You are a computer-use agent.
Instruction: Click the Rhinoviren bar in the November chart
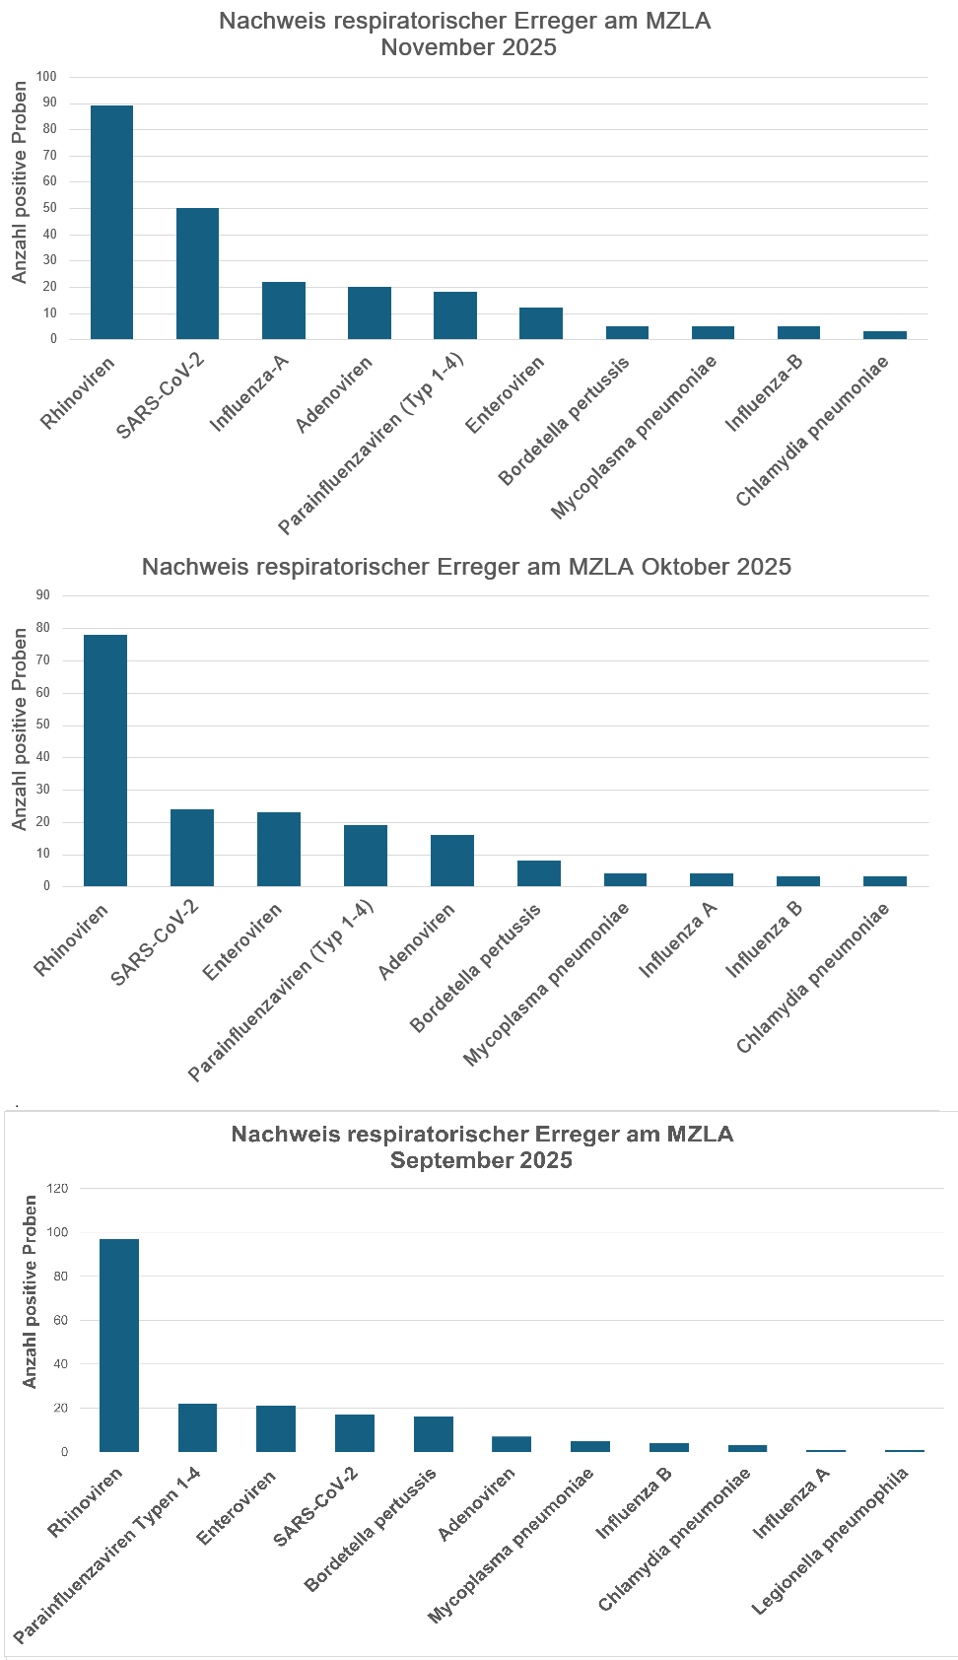coord(111,222)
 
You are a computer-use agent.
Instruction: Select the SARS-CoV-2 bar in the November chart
coord(197,273)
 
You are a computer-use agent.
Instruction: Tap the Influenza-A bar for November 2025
coord(284,311)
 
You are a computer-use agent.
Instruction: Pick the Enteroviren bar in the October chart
coord(279,849)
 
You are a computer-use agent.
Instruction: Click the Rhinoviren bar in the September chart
coord(119,1345)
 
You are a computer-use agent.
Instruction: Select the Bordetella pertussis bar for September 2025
coord(434,1434)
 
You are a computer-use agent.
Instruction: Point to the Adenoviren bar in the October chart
coord(452,861)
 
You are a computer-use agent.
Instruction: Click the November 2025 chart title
coord(465,35)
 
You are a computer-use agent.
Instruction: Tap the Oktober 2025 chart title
coord(466,567)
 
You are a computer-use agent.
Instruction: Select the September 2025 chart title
coord(482,1146)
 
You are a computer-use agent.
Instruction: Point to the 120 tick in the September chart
coord(57,1188)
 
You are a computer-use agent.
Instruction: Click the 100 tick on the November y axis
coord(47,77)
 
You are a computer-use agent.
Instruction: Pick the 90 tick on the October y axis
coord(43,595)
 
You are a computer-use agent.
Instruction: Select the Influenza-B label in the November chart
coord(765,392)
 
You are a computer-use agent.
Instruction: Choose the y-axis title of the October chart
coord(20,729)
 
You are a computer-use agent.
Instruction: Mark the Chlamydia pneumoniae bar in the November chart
coord(885,335)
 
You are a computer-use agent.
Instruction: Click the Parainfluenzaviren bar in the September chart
coord(197,1427)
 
